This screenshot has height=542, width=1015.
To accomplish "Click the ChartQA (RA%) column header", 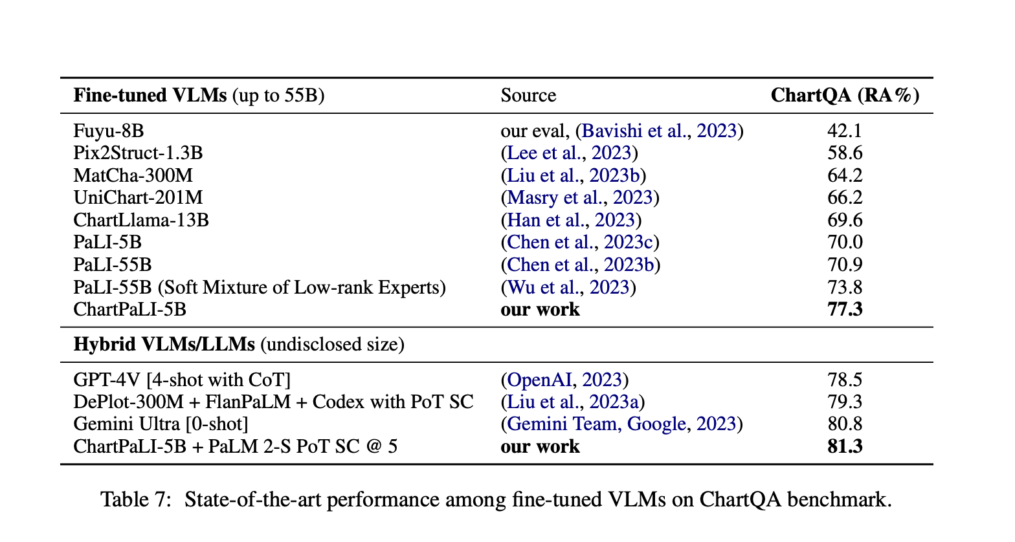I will coord(845,96).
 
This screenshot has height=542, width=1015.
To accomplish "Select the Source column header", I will coord(528,96).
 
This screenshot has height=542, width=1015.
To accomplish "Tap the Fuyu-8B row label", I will coord(109,131).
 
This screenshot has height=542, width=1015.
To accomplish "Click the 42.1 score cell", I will coord(845,131).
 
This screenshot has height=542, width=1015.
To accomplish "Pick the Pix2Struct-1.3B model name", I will coord(138,153).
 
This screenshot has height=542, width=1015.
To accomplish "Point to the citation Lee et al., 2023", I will coord(569,153).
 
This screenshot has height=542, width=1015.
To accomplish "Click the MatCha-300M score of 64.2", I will coord(845,175).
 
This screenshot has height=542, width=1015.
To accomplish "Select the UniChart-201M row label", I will coord(139,198).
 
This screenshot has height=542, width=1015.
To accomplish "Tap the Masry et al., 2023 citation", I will coord(580,198).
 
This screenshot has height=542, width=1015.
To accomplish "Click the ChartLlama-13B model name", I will coord(141,220).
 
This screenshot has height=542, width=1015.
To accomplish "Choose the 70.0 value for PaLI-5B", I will coord(845,243).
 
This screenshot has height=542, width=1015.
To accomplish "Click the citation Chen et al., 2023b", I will coord(581,265).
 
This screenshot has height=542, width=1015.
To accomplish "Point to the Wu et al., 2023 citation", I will coord(568,287).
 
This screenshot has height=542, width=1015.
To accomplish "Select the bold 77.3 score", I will coord(845,309).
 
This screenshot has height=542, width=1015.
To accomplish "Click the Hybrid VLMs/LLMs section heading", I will coord(164,344).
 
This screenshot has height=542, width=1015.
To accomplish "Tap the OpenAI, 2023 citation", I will coord(564,380).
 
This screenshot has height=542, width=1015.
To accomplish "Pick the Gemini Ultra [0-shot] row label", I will coord(161,424).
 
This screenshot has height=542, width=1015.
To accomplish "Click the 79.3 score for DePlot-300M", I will coord(845,402).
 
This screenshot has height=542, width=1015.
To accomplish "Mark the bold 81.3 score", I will coord(845,446).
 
